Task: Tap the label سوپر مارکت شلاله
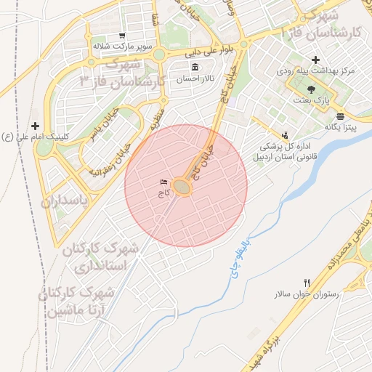(121, 45)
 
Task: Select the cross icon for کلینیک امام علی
(35, 126)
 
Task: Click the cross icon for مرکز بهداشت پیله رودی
(315, 60)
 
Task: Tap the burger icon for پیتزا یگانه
(341, 116)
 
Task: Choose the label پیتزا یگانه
(341, 126)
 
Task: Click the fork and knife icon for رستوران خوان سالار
(307, 283)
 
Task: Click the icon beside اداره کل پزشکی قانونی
(285, 134)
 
